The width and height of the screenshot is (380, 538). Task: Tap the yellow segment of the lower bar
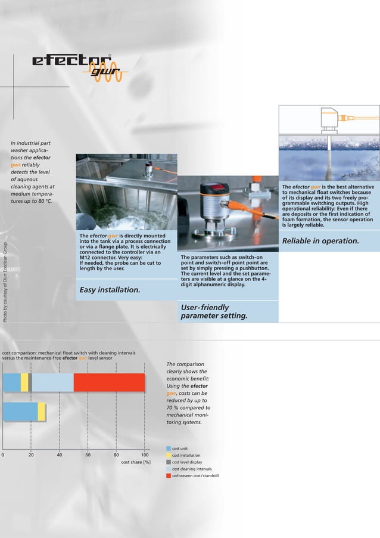(x=42, y=412)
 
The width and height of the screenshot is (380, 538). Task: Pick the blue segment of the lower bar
(x=20, y=412)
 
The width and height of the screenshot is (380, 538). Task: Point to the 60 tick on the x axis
(x=88, y=455)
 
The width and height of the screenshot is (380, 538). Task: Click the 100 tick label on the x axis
(x=144, y=455)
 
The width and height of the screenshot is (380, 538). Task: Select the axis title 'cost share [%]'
(x=136, y=462)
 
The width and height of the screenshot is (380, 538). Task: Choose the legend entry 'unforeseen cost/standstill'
(x=195, y=477)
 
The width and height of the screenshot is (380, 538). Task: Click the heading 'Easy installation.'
(x=110, y=290)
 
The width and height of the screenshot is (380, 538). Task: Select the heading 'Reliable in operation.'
(x=320, y=241)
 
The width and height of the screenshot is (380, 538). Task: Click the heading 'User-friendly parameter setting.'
(x=213, y=311)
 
